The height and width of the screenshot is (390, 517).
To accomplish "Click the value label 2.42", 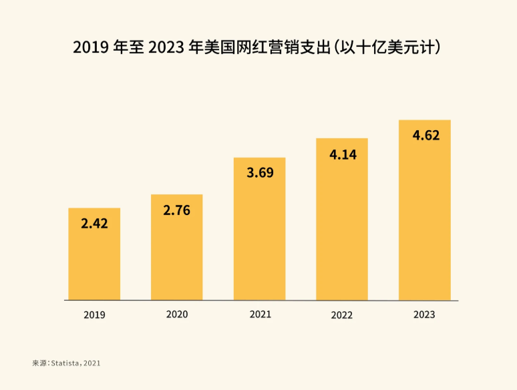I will (94, 224).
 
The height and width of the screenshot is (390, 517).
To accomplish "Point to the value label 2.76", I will (176, 210).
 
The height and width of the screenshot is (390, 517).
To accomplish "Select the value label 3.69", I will (259, 173).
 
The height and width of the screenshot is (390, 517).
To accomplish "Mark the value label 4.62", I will (425, 136).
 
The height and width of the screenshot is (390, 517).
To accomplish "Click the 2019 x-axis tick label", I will (94, 315).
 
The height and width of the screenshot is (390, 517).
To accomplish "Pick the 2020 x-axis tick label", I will (176, 314).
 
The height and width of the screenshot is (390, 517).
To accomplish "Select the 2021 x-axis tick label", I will (260, 314).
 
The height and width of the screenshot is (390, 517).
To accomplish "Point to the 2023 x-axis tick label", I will (424, 315).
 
